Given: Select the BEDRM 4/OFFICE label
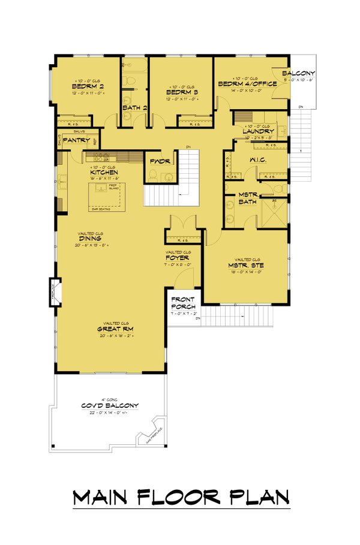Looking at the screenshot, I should point(247,84).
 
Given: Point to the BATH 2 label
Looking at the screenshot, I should point(135,108).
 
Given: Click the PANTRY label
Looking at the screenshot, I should point(76,140).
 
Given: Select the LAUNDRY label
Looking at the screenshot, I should point(259,131).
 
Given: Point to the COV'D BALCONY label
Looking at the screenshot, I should point(110,406).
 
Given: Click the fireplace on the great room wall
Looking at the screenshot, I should point(55,293).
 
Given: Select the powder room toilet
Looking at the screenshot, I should point(154,174).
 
